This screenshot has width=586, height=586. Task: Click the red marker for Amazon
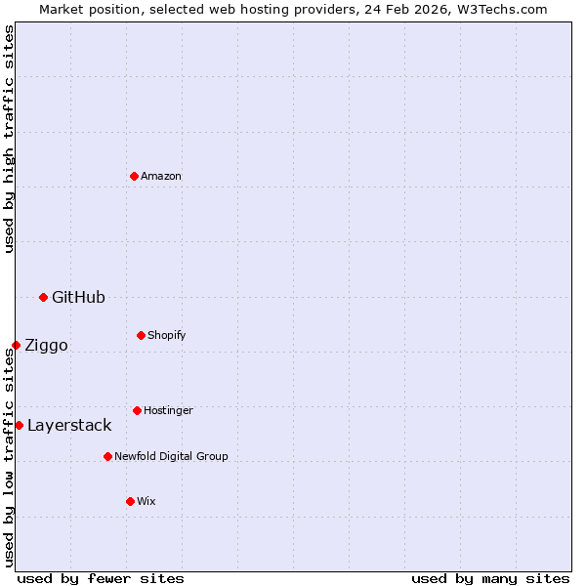(134, 176)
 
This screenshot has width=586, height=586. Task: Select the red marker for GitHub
(43, 297)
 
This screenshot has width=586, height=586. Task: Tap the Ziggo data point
(16, 345)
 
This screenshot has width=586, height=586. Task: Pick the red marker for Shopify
(141, 335)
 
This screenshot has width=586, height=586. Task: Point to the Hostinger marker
(137, 410)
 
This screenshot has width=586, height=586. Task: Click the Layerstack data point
(19, 425)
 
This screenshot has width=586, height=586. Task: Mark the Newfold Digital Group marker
(107, 456)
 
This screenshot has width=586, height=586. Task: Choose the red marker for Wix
(130, 501)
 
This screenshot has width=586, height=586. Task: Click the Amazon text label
(161, 176)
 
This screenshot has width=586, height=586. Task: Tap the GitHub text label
(78, 297)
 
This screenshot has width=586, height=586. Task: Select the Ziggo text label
(46, 345)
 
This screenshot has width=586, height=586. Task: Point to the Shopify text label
(167, 335)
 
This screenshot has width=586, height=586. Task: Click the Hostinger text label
(168, 410)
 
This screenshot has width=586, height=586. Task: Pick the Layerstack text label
(69, 425)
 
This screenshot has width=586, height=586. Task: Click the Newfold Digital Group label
(171, 456)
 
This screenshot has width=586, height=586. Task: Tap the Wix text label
(146, 501)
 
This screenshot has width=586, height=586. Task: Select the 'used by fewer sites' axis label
(101, 578)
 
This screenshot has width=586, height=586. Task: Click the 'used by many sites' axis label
(490, 578)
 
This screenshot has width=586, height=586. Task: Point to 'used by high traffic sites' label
(9, 139)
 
